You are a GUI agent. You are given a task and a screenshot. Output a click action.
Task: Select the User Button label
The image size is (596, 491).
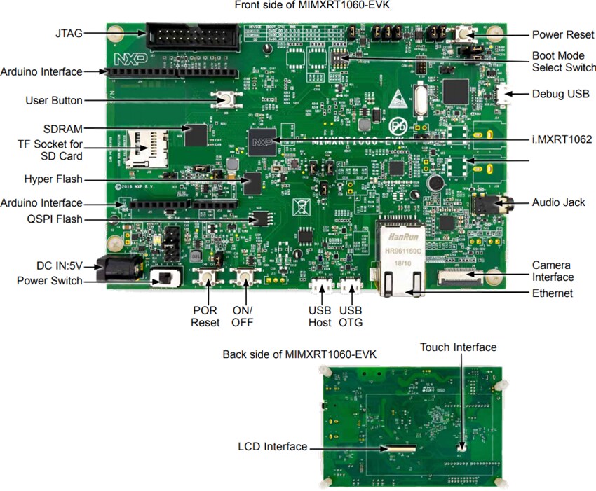point(53,100)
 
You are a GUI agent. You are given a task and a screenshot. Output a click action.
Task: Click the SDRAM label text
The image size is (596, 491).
point(62,129)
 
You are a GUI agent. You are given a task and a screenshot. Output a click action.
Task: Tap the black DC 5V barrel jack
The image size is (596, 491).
point(118,269)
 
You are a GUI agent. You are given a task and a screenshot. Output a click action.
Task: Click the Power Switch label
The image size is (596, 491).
point(49,282)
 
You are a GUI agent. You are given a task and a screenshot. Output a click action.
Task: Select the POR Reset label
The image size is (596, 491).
point(205,316)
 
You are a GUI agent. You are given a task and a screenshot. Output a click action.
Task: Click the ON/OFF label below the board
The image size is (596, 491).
point(242,316)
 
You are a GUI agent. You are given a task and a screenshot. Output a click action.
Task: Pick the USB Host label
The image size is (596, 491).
point(320,316)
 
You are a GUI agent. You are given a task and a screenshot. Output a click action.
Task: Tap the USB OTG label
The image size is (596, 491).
point(351,316)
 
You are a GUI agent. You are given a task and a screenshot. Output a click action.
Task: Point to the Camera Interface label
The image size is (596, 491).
point(552,271)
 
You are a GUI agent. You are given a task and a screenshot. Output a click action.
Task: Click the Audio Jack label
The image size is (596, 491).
point(558,202)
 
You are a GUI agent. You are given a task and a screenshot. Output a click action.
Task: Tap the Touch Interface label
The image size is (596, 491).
point(458,347)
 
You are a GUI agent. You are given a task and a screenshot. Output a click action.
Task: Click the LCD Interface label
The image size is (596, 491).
point(272,446)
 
